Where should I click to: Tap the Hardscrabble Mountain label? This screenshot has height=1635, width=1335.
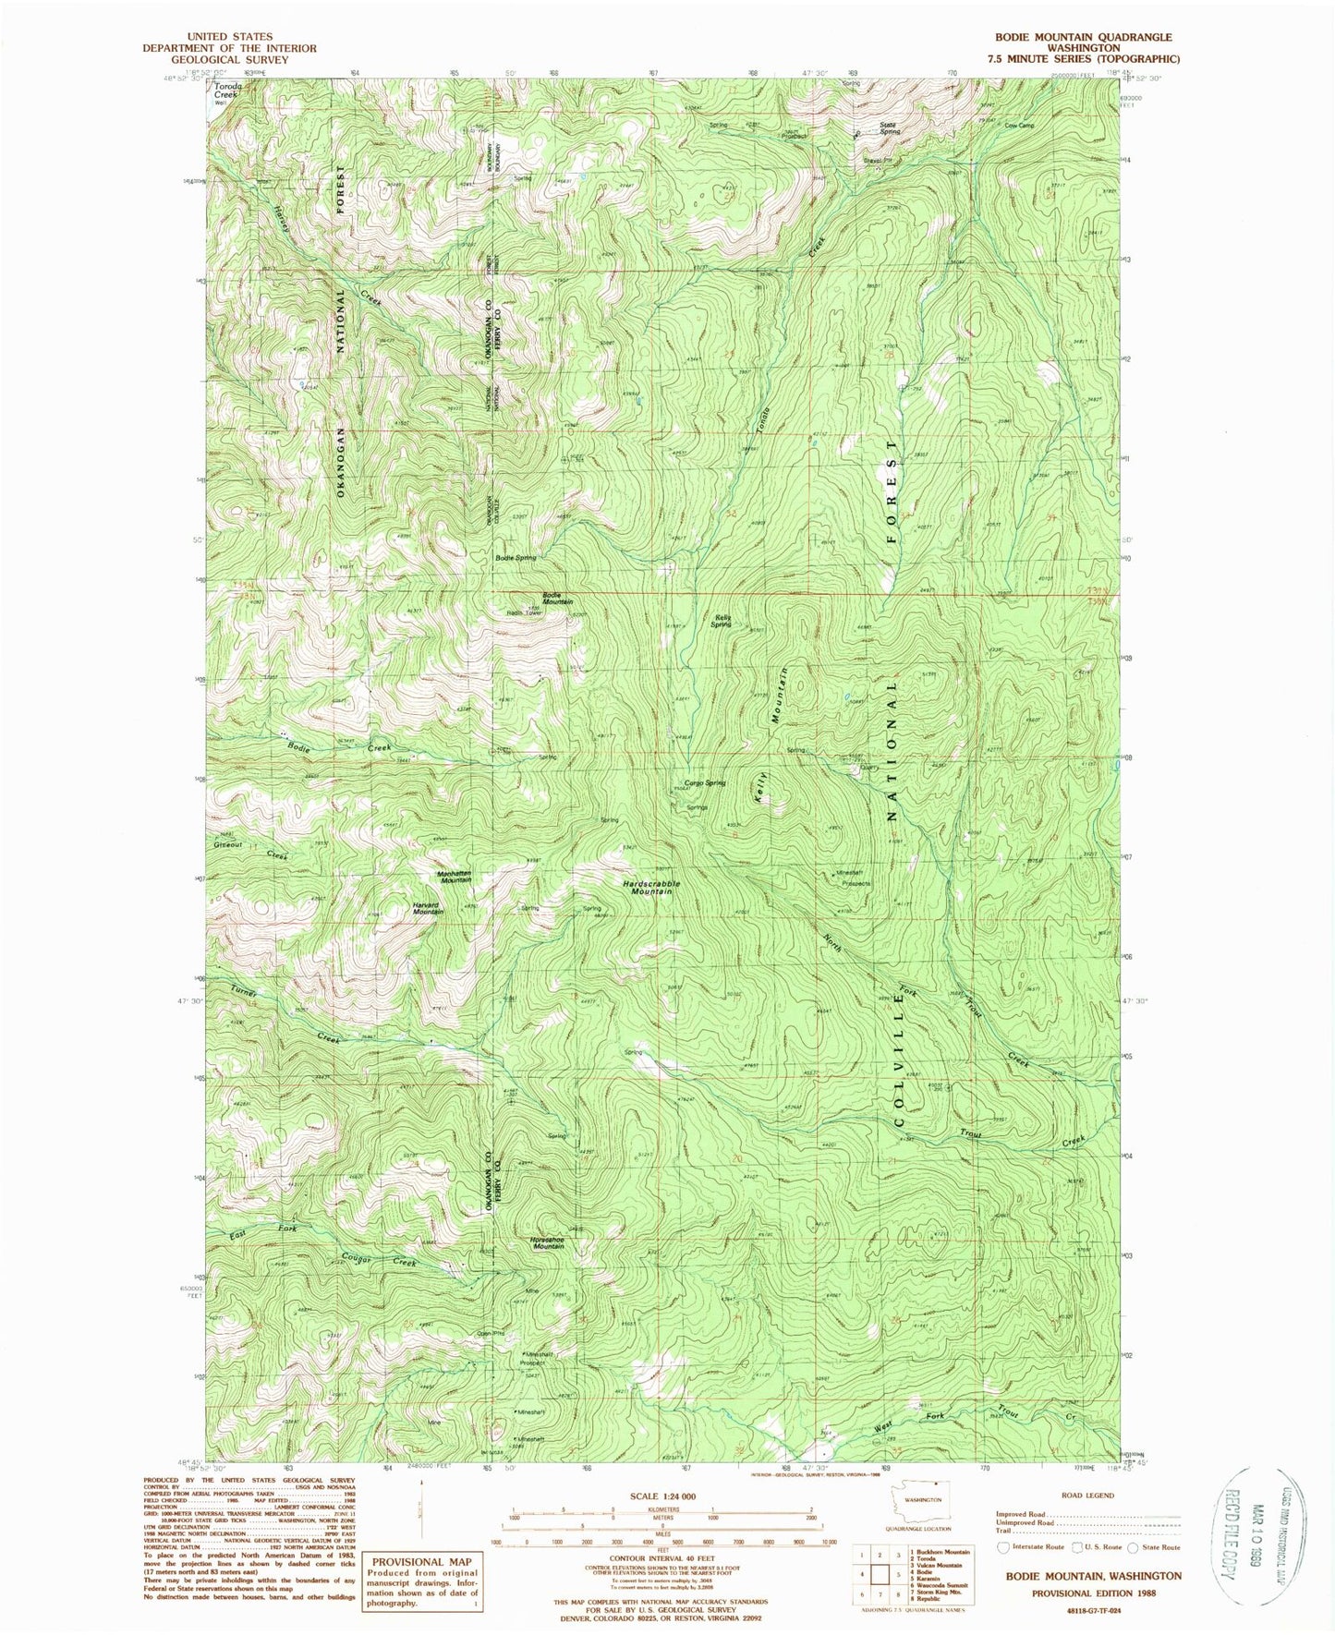pyautogui.click(x=650, y=888)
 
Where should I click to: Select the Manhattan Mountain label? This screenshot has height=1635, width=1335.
pyautogui.click(x=454, y=876)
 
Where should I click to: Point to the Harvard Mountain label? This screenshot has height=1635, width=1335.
pyautogui.click(x=428, y=908)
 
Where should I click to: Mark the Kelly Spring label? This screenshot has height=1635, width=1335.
pyautogui.click(x=721, y=622)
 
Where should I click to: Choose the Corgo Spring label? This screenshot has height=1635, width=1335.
pyautogui.click(x=704, y=782)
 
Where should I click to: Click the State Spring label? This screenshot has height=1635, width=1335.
pyautogui.click(x=889, y=128)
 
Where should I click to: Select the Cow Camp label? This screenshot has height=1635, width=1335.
pyautogui.click(x=1018, y=126)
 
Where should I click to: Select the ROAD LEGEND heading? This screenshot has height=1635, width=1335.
pyautogui.click(x=1087, y=1495)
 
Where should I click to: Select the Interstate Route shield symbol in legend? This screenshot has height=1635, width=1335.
pyautogui.click(x=1003, y=1546)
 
